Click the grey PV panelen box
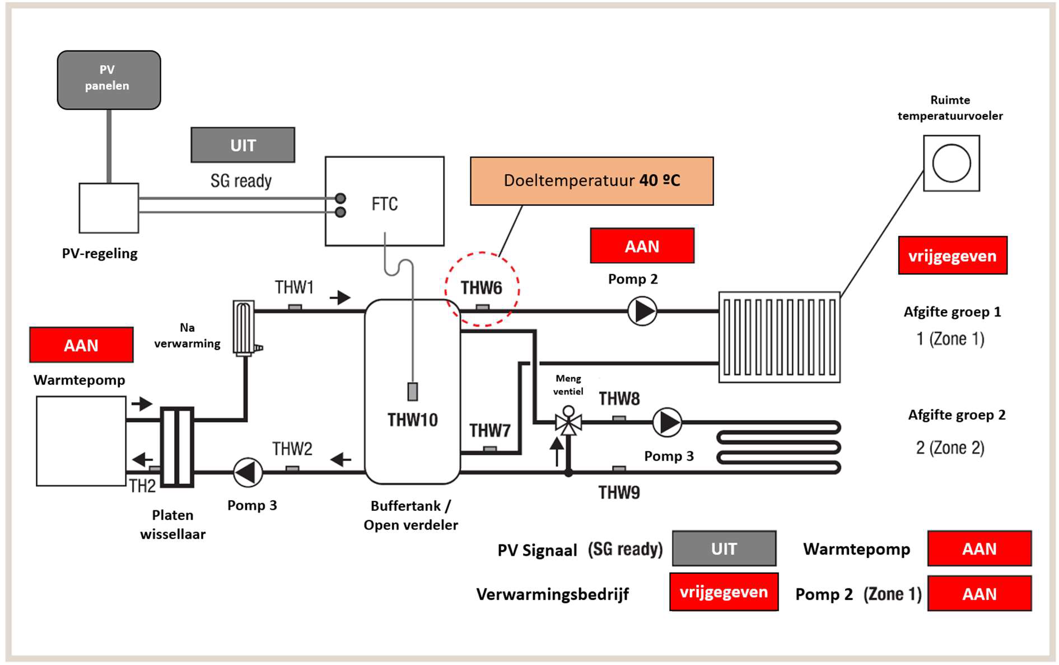tap(109, 80)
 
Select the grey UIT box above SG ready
tap(243, 145)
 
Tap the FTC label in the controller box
tap(385, 204)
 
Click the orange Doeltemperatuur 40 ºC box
tap(592, 181)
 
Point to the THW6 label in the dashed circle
tap(482, 288)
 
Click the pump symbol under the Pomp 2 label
tap(642, 311)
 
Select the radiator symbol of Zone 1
tap(780, 337)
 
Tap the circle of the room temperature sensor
tap(951, 163)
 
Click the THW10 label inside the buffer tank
tap(413, 420)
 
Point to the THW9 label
tap(619, 492)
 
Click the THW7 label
tap(490, 430)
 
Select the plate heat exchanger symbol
tap(178, 447)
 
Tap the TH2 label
tap(142, 486)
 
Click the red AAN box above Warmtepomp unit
tap(81, 345)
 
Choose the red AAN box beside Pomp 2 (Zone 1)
tap(979, 593)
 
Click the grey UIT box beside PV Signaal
tap(724, 548)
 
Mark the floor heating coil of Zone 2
tap(779, 447)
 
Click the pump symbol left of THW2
tap(248, 472)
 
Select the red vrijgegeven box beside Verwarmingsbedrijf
tap(724, 592)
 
